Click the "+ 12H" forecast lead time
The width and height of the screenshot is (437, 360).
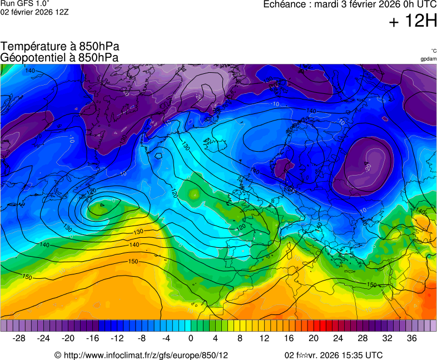coord(413,21)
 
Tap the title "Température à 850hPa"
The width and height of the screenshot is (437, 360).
coord(60,47)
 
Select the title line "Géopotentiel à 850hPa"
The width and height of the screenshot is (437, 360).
coord(59,57)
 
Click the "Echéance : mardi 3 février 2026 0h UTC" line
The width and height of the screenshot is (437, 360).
coord(349,4)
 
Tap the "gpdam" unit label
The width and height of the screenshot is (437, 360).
coord(428,59)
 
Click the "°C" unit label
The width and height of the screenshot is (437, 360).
coord(433,51)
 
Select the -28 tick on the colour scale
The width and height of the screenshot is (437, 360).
coord(19,338)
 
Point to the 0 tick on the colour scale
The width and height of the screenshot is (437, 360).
coord(191,338)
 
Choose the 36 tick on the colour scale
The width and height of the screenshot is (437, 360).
coord(411,338)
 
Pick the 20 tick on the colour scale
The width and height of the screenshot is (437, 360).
coord(314,338)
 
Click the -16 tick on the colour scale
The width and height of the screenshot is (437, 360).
coord(93,338)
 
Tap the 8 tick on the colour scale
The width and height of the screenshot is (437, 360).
coord(240,338)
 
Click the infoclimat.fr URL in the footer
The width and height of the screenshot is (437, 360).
coord(146,355)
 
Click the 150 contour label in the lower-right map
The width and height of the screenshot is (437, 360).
coord(372,284)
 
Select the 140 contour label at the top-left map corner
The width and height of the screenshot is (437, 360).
coord(30,71)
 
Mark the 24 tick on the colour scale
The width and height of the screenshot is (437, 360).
coord(338,338)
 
